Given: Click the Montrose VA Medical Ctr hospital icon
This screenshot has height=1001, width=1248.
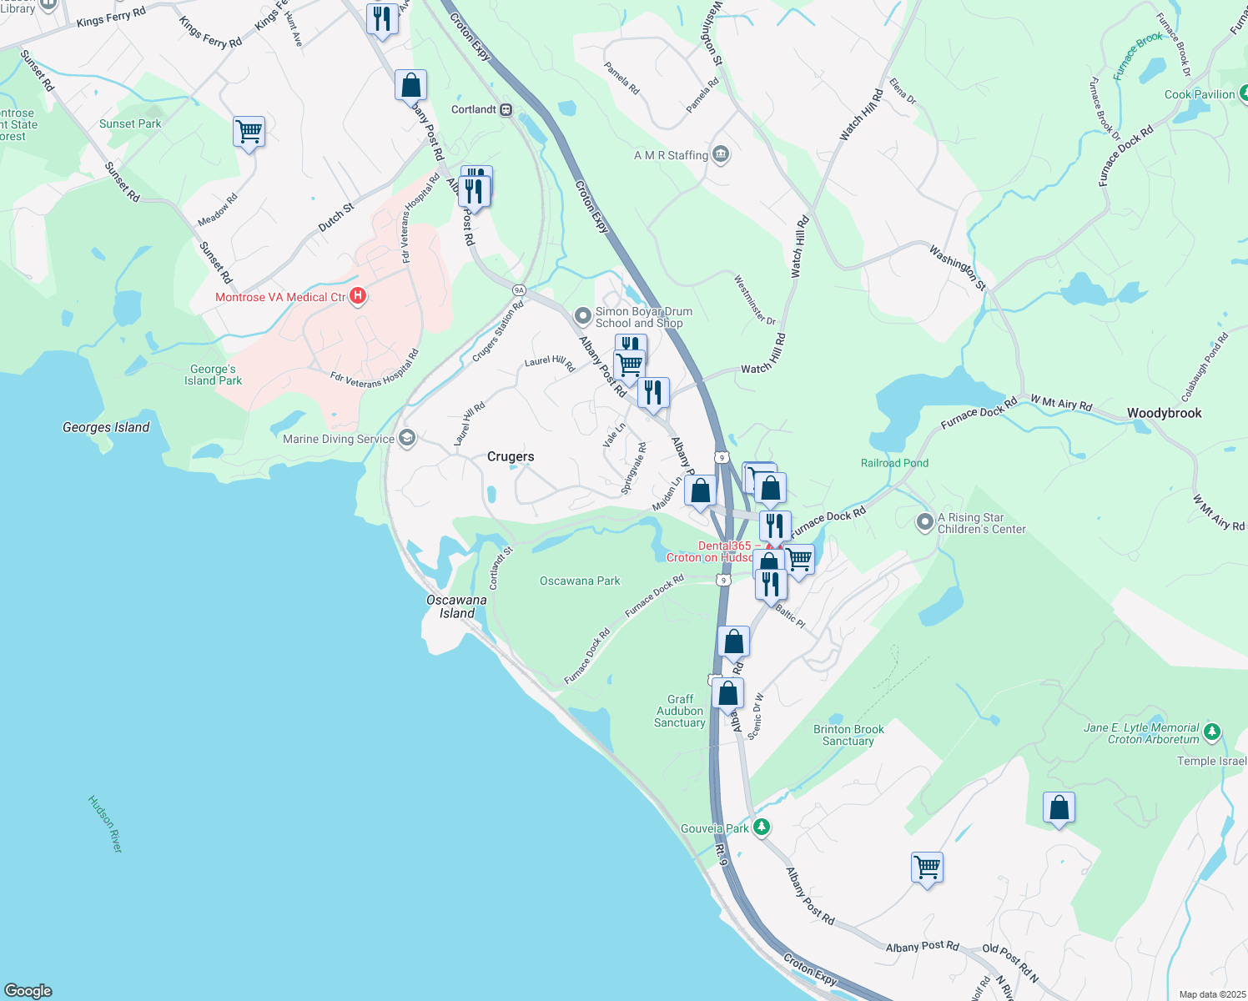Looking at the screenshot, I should pos(358,296).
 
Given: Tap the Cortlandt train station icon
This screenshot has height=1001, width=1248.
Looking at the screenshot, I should pos(506,109).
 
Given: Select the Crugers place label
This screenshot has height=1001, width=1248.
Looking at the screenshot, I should pos(511,456).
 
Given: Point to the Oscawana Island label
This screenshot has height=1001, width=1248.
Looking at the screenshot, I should pos(456,606).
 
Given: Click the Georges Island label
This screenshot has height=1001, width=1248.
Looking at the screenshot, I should pos(106,427).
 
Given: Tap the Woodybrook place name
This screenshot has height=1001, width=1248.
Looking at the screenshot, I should pos(1164,413).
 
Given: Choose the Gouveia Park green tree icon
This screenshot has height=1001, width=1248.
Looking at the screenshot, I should pos(761,827).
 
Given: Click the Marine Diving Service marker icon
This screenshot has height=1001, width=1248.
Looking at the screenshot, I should pos(407,439).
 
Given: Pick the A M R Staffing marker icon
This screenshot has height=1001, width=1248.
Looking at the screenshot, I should pos(722,154).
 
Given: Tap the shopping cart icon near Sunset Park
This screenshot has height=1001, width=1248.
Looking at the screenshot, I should pos(249,131).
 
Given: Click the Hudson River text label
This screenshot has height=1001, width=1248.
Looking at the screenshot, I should pos(105,823).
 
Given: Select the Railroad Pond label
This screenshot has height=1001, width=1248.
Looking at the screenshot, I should pos(894,463).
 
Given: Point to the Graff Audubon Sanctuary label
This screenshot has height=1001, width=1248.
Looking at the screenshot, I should pos(680,711).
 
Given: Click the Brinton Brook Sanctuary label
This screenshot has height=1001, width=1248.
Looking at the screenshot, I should pos(848,735).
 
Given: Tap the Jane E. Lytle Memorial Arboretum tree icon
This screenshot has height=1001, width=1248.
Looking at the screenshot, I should pos(1212,732).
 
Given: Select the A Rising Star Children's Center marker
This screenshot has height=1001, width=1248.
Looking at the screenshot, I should pos(924,523).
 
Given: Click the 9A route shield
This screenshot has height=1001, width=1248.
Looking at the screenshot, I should pos(519,290).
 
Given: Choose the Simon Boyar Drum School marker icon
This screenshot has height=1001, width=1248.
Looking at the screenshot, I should pos(583,316).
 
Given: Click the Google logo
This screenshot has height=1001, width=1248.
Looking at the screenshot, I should pos(28,990).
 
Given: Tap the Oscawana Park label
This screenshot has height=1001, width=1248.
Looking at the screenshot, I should pos(580,581).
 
